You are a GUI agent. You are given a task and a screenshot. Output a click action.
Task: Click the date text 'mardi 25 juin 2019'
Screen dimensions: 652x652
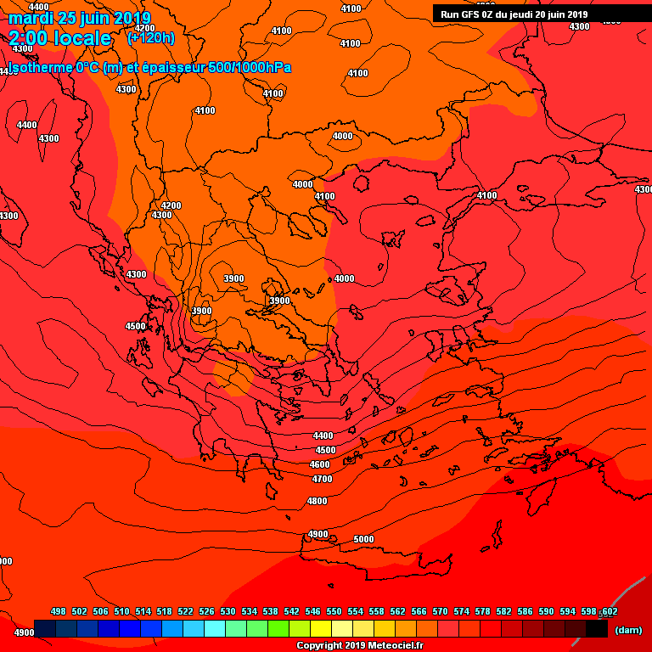pyautogui.click(x=79, y=18)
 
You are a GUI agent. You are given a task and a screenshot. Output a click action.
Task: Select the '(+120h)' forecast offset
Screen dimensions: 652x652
pyautogui.click(x=150, y=38)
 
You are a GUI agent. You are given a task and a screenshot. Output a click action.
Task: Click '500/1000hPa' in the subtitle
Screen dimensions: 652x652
pyautogui.click(x=250, y=67)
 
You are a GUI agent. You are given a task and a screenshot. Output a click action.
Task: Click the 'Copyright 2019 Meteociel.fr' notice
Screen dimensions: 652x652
pyautogui.click(x=359, y=646)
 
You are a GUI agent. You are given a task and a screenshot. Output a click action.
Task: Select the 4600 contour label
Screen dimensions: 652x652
pyautogui.click(x=320, y=464)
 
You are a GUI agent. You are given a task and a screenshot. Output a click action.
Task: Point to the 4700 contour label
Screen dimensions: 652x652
pyautogui.click(x=323, y=479)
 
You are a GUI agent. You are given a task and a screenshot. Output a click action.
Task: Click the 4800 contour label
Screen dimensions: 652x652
pyautogui.click(x=317, y=501)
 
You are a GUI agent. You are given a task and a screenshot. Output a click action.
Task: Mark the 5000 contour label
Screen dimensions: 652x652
pyautogui.click(x=363, y=539)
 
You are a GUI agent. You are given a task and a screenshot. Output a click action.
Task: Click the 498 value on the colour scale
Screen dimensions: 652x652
pyautogui.click(x=59, y=611)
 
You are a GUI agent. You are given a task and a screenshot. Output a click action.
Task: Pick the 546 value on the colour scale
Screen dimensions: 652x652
pyautogui.click(x=312, y=611)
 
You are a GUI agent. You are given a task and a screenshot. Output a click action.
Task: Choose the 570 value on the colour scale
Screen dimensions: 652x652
pyautogui.click(x=440, y=611)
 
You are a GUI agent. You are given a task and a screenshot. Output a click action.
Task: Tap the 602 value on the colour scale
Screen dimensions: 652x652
pyautogui.click(x=609, y=611)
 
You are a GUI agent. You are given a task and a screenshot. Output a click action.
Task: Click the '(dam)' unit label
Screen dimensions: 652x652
pyautogui.click(x=627, y=629)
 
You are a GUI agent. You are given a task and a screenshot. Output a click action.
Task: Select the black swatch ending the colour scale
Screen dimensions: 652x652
pyautogui.click(x=597, y=629)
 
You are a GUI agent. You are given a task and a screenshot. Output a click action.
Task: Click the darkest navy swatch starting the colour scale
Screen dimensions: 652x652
pyautogui.click(x=46, y=629)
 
